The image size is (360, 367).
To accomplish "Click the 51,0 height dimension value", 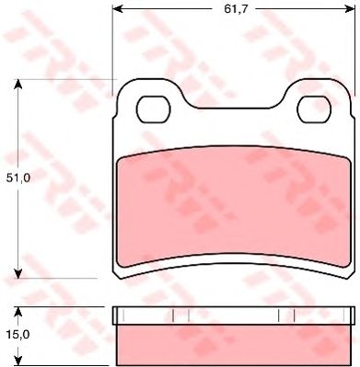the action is click(18, 178).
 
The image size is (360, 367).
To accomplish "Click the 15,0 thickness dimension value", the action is click(18, 335).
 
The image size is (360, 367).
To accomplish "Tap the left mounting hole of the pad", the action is click(154, 109).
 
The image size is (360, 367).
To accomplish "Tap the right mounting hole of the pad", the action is click(314, 109).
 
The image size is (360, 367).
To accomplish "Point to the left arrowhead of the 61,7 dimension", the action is click(118, 9).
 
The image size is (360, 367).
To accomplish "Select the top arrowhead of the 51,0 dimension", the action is click(18, 85).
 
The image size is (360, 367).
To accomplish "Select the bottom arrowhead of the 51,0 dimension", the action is click(18, 273).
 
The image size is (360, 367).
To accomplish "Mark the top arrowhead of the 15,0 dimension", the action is click(18, 312).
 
